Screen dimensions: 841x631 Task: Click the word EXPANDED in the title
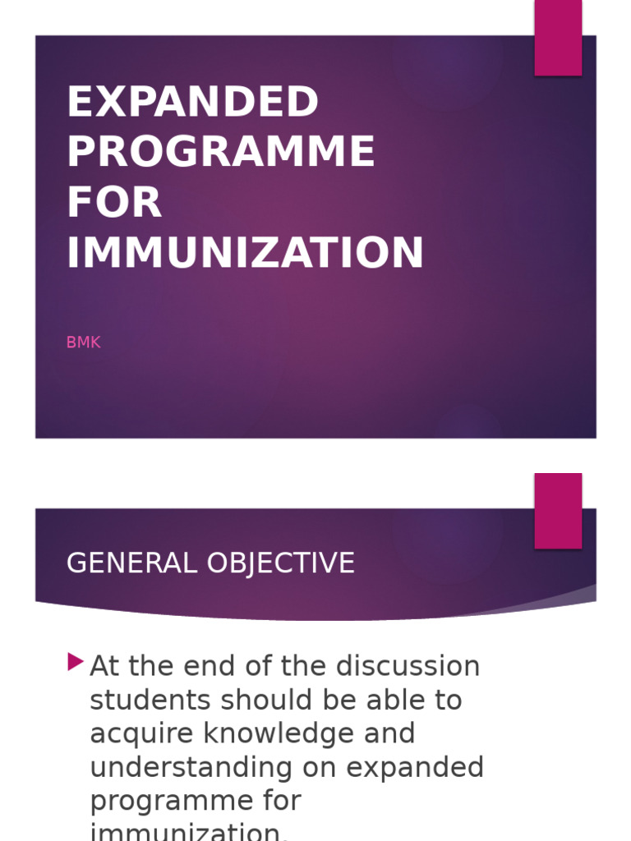(x=192, y=103)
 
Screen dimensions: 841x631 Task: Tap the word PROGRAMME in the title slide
(x=221, y=152)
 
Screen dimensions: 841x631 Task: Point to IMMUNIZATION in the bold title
(x=245, y=252)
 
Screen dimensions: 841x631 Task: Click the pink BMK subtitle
(x=83, y=342)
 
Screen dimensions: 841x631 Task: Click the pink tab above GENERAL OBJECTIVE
(x=558, y=510)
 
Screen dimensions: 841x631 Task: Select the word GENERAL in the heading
(x=131, y=563)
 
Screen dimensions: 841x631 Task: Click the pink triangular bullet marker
(x=76, y=661)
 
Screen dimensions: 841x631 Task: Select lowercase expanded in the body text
(x=415, y=767)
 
